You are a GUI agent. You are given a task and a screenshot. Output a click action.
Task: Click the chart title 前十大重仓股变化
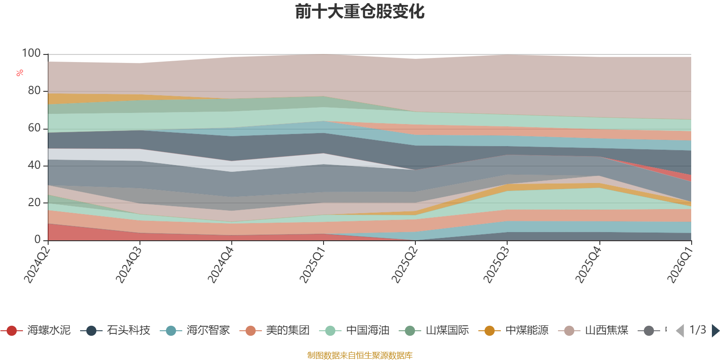coord(360,12)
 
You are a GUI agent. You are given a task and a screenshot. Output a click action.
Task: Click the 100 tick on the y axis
coord(31,53)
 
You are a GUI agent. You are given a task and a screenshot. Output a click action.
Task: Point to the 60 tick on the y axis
coord(34,128)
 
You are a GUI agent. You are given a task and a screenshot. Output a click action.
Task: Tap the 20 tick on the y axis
coord(34,202)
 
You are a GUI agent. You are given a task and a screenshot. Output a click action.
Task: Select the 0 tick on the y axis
coord(38,239)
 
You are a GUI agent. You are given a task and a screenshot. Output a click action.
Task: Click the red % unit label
coord(20,73)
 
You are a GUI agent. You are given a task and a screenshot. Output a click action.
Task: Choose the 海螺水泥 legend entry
coord(36,330)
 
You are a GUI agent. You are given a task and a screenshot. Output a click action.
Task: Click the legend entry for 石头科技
coord(115,330)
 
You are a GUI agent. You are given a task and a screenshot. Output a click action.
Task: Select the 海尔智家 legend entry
coord(195,330)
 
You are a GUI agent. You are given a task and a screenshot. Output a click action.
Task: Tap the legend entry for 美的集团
coord(275,330)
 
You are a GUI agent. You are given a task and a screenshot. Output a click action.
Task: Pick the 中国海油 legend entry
coord(355,330)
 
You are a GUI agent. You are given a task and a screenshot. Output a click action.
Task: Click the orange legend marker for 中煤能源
coord(490,331)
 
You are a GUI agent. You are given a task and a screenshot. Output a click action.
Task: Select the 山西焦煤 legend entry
coord(594,330)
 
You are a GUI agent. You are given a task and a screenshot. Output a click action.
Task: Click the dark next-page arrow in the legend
coord(715,330)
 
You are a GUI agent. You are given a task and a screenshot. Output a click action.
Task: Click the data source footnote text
coord(360,355)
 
